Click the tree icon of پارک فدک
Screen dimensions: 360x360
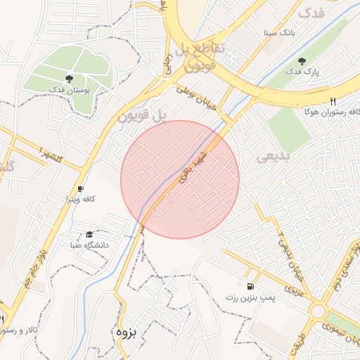(x=302, y=61)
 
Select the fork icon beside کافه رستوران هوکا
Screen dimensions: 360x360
(x=333, y=101)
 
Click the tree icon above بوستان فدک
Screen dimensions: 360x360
(x=69, y=79)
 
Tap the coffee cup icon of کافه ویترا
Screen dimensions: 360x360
(x=80, y=189)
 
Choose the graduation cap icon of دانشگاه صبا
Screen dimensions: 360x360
(x=89, y=235)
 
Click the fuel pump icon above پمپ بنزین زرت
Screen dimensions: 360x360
(x=251, y=286)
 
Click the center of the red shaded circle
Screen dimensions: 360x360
(x=180, y=179)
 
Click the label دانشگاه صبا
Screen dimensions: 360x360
(x=86, y=245)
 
